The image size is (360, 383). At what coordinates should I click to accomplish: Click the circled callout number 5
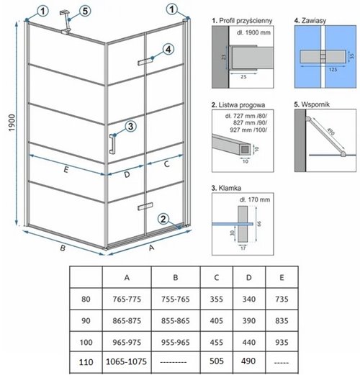tap(85, 11)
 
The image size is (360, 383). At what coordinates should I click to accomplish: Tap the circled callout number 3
tap(130, 127)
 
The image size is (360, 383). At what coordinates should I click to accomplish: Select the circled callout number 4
tap(168, 50)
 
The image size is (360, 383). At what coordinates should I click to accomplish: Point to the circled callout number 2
tap(163, 219)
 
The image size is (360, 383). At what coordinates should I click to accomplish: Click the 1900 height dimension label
tap(12, 123)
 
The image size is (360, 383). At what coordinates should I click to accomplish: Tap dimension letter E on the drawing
tap(66, 169)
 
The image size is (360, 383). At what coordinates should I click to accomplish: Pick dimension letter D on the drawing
tap(127, 174)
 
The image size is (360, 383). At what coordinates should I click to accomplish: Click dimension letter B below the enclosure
tap(63, 248)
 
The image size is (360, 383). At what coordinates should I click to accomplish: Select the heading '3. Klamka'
tap(226, 188)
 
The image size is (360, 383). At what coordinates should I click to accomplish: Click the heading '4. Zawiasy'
tap(310, 20)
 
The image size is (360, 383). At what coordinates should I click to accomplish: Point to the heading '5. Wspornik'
tap(312, 104)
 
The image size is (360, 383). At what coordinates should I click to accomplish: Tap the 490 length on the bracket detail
tap(330, 132)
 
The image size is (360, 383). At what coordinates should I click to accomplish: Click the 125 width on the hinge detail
tap(333, 70)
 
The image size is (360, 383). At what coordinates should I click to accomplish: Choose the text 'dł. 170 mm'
tap(255, 200)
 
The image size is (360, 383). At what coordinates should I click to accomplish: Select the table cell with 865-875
tap(127, 320)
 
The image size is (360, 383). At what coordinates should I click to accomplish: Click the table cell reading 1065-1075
tap(126, 361)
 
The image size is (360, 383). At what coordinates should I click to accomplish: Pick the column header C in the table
tap(217, 278)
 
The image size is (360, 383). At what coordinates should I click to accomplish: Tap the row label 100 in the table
tap(86, 342)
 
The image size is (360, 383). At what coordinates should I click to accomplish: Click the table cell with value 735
tap(282, 299)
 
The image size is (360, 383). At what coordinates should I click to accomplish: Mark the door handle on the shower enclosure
tap(112, 144)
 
